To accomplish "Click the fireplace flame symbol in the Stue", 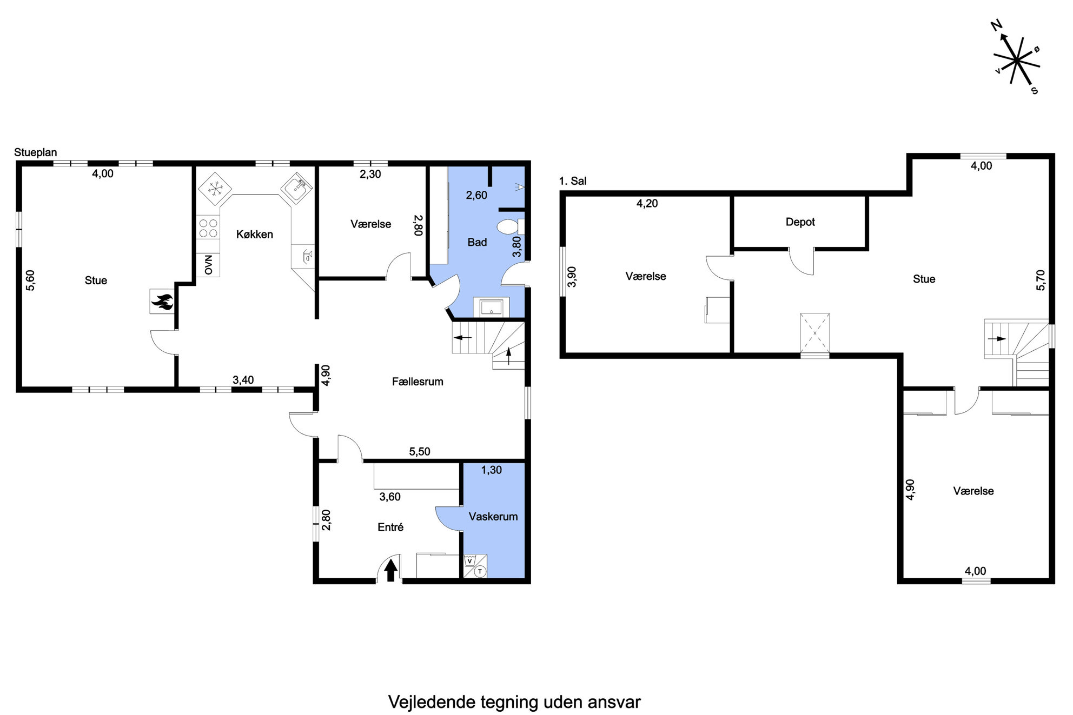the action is [162, 301].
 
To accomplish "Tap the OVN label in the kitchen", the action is [208, 265].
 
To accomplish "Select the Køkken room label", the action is [254, 235].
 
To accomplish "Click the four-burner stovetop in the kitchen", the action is [208, 228].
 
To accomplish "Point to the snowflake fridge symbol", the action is [215, 189].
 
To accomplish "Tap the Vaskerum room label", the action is [493, 517].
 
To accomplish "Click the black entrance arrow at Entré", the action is [390, 570].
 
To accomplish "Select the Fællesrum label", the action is [418, 382].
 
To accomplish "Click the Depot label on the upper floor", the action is [800, 222].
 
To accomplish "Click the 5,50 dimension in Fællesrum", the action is [420, 452].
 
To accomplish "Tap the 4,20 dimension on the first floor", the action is [647, 204].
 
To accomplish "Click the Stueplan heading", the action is [36, 152].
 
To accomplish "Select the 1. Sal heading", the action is [573, 181].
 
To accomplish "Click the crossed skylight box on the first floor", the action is [814, 333].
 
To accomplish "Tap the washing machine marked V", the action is [469, 560].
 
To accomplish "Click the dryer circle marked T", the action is [480, 571].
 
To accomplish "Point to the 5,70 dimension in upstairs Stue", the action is [1041, 280].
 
